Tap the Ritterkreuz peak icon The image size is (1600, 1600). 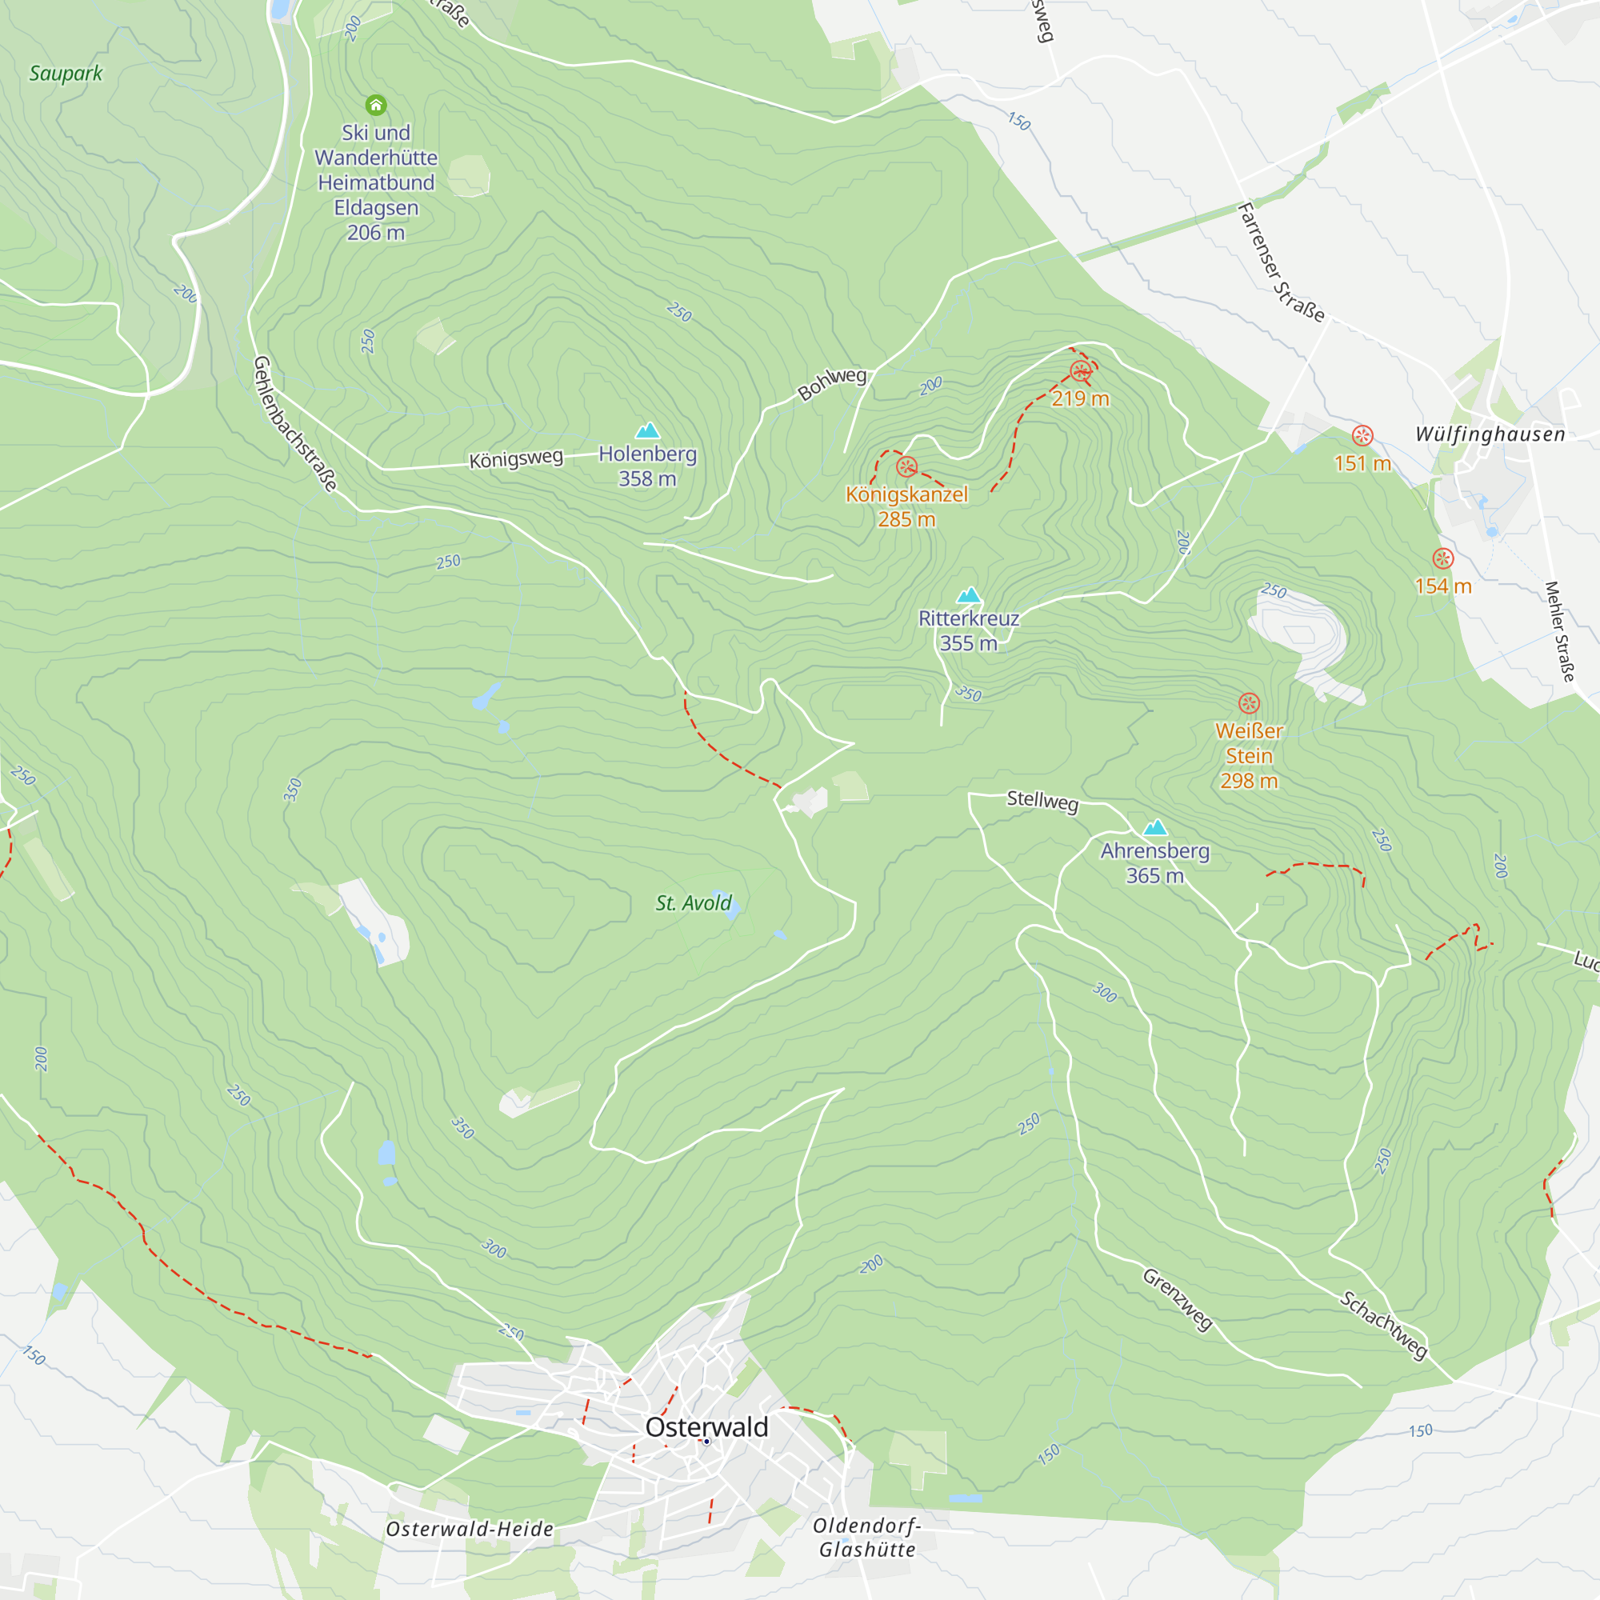pyautogui.click(x=968, y=594)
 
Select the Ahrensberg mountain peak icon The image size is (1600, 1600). pyautogui.click(x=1154, y=827)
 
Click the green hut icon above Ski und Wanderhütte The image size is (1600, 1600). pyautogui.click(x=376, y=105)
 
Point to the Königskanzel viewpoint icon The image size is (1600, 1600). pyautogui.click(x=906, y=467)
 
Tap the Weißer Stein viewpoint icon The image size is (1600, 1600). pyautogui.click(x=1249, y=704)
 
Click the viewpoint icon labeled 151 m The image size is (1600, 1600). pyautogui.click(x=1362, y=436)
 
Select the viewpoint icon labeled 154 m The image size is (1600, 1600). pyautogui.click(x=1442, y=558)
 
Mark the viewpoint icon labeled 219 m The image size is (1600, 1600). pyautogui.click(x=1080, y=371)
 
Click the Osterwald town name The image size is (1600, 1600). pyautogui.click(x=706, y=1426)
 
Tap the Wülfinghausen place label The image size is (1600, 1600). pyautogui.click(x=1490, y=434)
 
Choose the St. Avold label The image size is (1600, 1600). pyautogui.click(x=694, y=902)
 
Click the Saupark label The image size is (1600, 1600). pyautogui.click(x=66, y=74)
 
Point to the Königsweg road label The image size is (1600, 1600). pyautogui.click(x=516, y=458)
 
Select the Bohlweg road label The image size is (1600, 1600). pyautogui.click(x=831, y=383)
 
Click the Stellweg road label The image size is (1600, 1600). pyautogui.click(x=1042, y=800)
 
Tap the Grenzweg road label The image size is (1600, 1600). pyautogui.click(x=1178, y=1299)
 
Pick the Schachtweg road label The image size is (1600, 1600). pyautogui.click(x=1384, y=1324)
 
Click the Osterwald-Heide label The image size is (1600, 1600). pyautogui.click(x=470, y=1529)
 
